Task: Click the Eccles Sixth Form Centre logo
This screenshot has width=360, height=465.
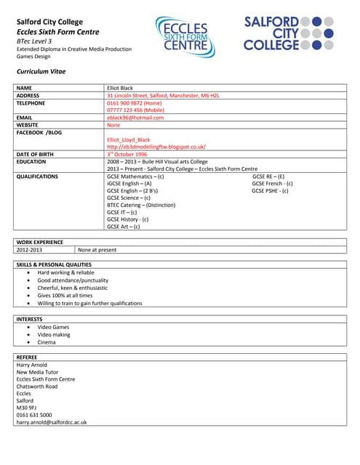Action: pyautogui.click(x=185, y=37)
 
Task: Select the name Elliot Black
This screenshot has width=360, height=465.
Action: pyautogui.click(x=121, y=88)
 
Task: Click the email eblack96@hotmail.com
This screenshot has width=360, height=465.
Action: pyautogui.click(x=135, y=118)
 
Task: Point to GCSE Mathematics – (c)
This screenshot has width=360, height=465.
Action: pyautogui.click(x=135, y=177)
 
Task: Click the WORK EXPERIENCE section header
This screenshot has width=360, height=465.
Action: pyautogui.click(x=39, y=242)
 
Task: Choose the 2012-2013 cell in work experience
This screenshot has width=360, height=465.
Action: pyautogui.click(x=30, y=250)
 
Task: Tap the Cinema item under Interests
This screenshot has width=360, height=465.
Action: pyautogui.click(x=47, y=342)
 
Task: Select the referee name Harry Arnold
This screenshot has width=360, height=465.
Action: pyautogui.click(x=32, y=365)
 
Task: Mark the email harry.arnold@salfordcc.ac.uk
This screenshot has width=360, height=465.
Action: pyautogui.click(x=52, y=422)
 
